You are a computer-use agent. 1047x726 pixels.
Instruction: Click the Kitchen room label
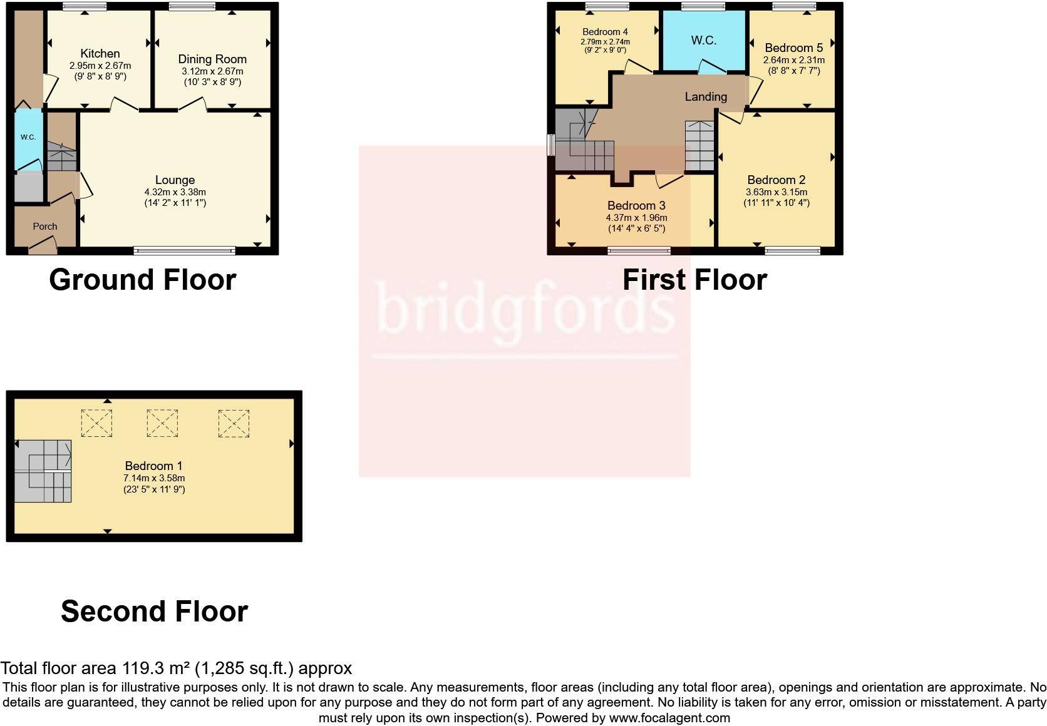tap(100, 54)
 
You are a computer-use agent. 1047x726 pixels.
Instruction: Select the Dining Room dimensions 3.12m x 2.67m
tap(212, 71)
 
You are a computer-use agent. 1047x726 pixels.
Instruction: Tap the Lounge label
tap(175, 180)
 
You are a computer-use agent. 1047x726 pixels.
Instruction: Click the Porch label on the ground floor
tap(45, 227)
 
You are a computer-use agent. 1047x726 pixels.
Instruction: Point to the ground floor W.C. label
tap(28, 137)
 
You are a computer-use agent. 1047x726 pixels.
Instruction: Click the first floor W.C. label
tap(703, 41)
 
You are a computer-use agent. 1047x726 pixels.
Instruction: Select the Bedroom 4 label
tap(605, 32)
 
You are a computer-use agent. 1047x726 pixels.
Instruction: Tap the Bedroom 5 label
tap(793, 48)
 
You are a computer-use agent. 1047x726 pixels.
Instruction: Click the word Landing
tap(706, 97)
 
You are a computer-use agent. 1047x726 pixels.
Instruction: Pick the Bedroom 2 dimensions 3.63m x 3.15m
tap(776, 192)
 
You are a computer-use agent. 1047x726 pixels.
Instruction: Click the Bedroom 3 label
tap(636, 206)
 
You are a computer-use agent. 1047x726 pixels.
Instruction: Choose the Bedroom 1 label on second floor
tap(153, 466)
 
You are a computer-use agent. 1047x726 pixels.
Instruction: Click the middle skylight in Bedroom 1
tap(162, 424)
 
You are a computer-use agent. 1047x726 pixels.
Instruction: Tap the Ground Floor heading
tap(143, 280)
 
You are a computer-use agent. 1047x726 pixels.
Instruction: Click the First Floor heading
tap(694, 280)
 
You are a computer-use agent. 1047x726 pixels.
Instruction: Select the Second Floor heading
tap(154, 611)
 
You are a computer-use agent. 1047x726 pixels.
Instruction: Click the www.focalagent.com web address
tap(669, 718)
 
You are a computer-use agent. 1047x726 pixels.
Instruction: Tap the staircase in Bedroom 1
tap(43, 471)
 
